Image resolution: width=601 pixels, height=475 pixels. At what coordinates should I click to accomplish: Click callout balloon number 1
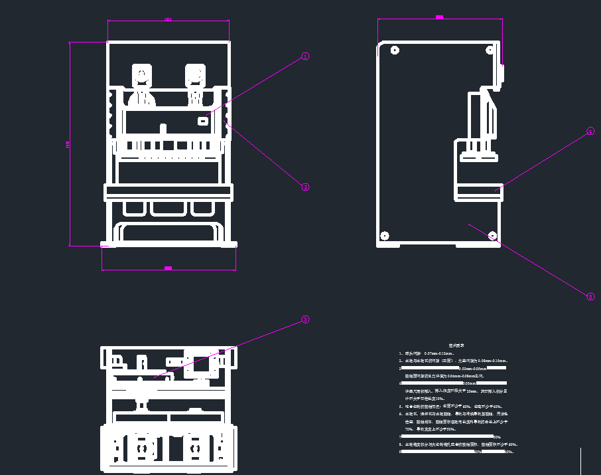305,56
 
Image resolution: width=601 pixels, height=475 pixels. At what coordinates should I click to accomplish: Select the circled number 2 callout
306,187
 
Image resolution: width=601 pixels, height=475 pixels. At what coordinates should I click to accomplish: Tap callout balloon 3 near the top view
305,320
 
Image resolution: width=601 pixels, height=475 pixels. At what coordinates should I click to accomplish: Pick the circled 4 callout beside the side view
590,133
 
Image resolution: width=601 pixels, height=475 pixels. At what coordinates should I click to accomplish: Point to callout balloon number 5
590,297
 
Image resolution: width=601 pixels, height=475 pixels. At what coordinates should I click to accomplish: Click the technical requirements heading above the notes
456,345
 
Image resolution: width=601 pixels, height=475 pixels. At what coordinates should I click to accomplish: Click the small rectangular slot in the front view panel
202,121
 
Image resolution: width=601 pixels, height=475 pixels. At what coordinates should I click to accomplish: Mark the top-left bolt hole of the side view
395,50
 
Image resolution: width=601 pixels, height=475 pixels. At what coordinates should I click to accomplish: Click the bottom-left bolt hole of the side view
384,235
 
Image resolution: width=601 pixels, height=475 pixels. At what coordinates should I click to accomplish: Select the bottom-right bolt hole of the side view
492,235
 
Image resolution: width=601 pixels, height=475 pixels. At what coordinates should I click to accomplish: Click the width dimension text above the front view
168,19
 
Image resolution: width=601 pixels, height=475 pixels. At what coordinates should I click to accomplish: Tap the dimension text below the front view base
168,268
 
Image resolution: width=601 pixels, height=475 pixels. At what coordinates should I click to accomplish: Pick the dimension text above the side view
439,17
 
